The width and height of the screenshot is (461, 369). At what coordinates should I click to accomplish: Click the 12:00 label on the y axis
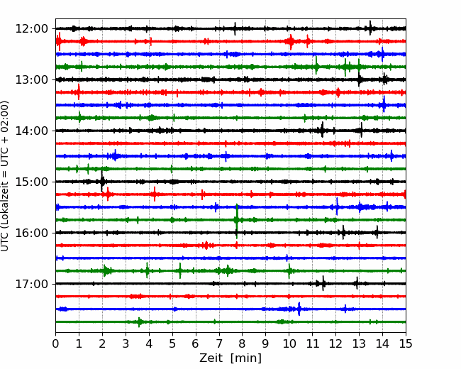tap(31, 29)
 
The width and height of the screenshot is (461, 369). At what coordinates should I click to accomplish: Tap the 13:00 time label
tap(31, 79)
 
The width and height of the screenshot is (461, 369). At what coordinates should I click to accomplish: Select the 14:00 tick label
tap(31, 131)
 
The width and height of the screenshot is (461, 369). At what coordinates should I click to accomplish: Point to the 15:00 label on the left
tap(31, 182)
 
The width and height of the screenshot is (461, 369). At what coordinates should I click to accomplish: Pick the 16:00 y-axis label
tap(31, 233)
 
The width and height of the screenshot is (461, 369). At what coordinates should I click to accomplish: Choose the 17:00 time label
tap(31, 284)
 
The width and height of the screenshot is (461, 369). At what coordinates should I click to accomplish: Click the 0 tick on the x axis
tap(55, 343)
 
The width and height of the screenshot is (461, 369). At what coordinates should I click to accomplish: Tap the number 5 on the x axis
tap(172, 343)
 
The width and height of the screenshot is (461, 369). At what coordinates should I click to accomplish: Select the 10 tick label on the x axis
tap(289, 343)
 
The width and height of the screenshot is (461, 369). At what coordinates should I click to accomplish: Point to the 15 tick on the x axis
tap(406, 343)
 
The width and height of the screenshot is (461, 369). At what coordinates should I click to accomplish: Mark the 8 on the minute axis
tap(243, 343)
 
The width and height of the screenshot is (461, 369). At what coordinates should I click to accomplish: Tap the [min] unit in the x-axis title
tap(246, 358)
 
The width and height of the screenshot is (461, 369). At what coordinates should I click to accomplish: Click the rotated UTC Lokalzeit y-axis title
tap(5, 176)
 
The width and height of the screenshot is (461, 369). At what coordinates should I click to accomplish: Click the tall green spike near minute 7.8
tap(237, 220)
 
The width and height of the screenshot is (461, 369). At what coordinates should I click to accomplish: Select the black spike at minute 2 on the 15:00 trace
tap(102, 182)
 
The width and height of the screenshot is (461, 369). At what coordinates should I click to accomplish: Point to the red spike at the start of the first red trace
tap(59, 41)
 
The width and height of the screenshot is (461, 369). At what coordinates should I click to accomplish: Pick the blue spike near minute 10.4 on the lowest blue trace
tap(299, 309)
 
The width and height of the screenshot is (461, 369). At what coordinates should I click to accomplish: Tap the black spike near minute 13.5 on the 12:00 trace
tap(370, 28)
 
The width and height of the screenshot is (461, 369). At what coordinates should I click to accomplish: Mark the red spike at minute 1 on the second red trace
tap(79, 92)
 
